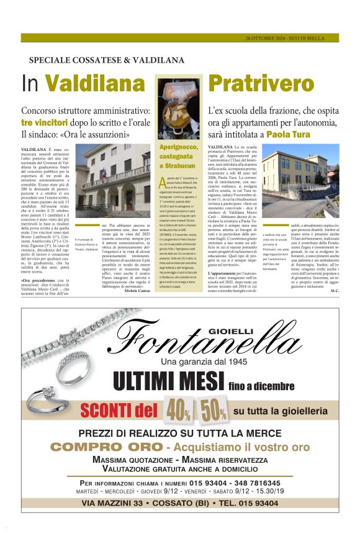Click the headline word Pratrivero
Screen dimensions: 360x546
253,83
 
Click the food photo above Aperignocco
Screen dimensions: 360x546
178,109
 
